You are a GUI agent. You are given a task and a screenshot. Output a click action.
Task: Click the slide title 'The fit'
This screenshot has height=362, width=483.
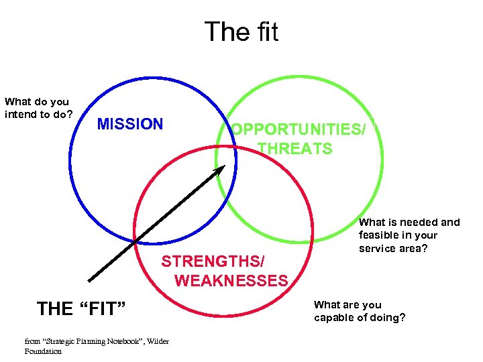click(x=241, y=32)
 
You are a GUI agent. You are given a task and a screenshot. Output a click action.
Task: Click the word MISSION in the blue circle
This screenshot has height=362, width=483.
click(x=130, y=124)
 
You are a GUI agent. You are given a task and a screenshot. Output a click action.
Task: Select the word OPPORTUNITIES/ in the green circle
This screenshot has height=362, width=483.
click(x=299, y=129)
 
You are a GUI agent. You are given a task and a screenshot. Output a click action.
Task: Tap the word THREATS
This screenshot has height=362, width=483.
click(x=295, y=149)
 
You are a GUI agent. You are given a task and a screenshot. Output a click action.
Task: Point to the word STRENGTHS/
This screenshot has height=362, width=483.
click(x=213, y=261)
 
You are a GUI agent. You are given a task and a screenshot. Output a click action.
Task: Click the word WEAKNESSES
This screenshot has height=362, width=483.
click(x=231, y=281)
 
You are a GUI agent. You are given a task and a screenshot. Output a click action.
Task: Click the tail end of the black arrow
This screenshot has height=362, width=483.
click(x=91, y=280)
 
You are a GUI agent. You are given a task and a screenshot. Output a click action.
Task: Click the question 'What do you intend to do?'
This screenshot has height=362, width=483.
click(x=38, y=108)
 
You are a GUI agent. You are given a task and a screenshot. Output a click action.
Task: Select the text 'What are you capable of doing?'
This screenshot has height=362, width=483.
click(x=360, y=311)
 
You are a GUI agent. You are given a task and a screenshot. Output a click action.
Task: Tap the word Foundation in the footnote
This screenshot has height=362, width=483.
click(x=43, y=351)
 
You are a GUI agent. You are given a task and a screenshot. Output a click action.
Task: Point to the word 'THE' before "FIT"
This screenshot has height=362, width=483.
click(x=55, y=309)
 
